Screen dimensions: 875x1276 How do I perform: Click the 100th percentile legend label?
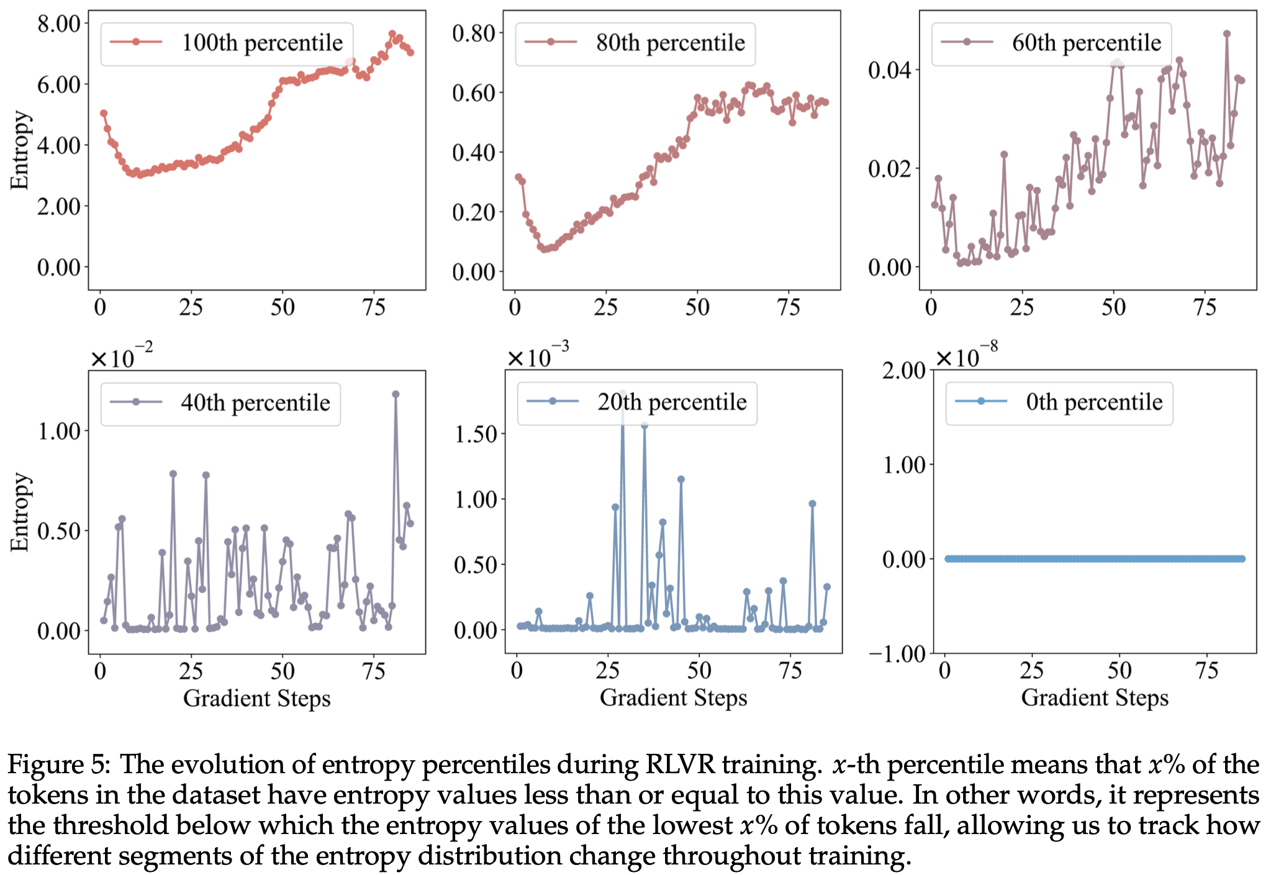point(261,43)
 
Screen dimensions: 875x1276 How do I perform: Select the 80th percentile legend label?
point(670,43)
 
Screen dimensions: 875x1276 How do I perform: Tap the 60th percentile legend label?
point(1086,43)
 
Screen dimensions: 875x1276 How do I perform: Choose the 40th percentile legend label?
point(255,403)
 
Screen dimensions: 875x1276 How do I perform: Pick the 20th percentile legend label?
point(672,402)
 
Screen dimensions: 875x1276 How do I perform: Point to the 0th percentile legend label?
point(1094,402)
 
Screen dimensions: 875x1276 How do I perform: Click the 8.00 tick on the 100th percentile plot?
point(59,24)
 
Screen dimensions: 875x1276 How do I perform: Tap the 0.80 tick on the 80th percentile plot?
point(473,33)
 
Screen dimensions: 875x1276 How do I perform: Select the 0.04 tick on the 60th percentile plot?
point(889,70)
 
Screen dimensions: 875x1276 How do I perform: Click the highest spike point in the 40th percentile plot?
point(396,394)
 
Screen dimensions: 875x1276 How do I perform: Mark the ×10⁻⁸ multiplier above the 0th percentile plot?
point(966,356)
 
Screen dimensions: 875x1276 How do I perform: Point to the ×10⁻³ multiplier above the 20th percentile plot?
point(538,356)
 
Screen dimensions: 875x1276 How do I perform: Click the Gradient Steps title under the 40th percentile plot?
point(256,699)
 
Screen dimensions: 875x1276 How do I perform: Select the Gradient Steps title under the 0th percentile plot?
point(1095,698)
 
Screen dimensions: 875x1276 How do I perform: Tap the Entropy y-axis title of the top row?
point(20,150)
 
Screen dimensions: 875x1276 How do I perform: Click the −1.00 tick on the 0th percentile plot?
point(897,654)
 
